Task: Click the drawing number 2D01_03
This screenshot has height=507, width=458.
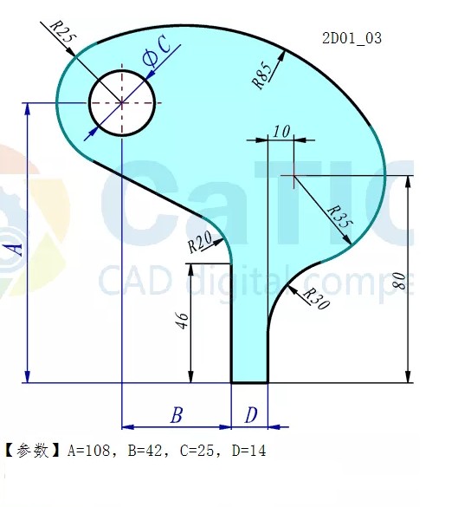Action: coord(352,38)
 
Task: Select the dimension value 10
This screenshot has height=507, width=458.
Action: coord(281,132)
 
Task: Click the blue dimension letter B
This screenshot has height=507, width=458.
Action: coord(176,416)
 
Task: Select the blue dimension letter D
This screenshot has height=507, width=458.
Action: coord(250,416)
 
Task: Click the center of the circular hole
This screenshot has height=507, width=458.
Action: coord(122,102)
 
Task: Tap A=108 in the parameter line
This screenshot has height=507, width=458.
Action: coord(88,450)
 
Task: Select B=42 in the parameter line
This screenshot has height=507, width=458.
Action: coord(140,450)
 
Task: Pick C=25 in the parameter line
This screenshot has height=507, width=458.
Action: coord(192,450)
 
